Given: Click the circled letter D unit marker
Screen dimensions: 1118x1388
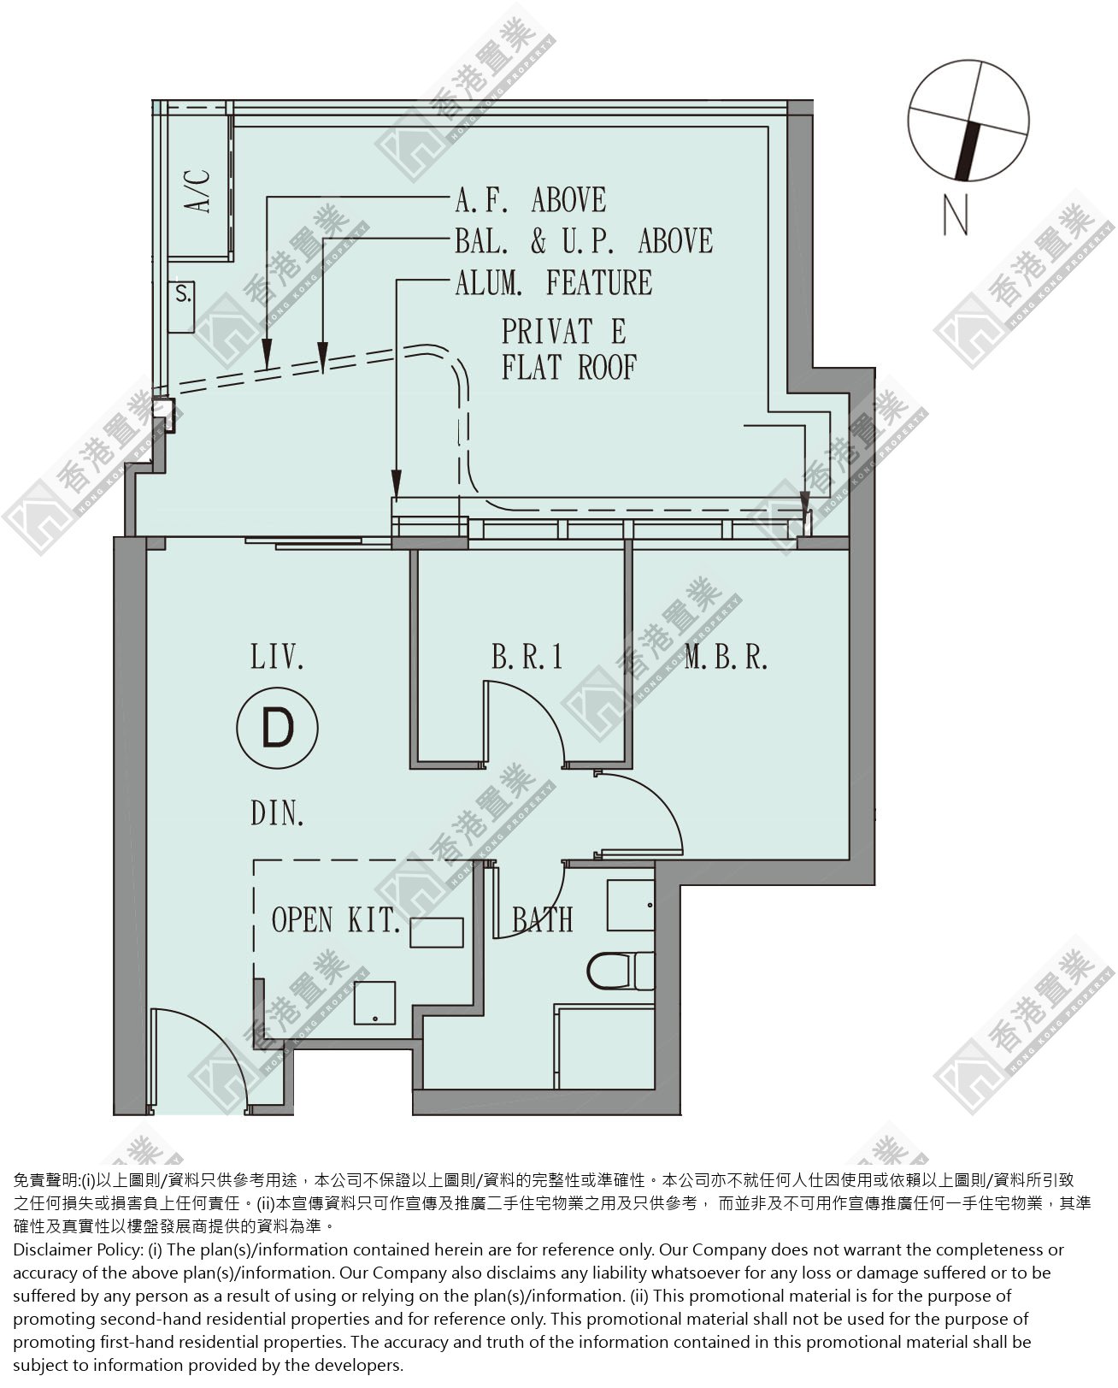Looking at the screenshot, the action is click(277, 728).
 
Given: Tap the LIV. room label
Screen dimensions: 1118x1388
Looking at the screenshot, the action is click(277, 658).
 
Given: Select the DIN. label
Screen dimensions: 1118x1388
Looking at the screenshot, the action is click(277, 814).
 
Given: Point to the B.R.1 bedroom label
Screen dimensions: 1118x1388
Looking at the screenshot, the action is click(527, 658).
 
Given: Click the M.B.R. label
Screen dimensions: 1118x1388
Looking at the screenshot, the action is click(726, 658).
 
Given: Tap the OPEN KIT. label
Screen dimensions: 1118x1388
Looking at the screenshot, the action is click(334, 919).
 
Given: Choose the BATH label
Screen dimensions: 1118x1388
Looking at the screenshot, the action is click(543, 919).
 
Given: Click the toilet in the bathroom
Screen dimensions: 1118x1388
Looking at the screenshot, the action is click(621, 972).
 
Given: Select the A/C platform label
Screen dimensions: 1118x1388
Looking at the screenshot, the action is click(198, 192).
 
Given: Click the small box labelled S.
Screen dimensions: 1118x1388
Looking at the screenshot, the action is click(181, 307).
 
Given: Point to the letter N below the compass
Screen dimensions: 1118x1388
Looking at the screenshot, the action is click(956, 216).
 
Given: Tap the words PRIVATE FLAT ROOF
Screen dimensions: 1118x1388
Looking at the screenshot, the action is click(568, 350).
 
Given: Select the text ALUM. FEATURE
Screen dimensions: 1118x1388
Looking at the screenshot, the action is click(554, 282).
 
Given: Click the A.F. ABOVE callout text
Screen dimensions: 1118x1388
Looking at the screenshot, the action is click(531, 200).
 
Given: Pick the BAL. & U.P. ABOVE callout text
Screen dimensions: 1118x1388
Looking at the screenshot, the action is click(584, 241).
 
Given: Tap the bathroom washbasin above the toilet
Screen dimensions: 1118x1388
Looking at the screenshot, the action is click(631, 905).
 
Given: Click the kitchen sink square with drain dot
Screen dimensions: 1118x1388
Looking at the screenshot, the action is click(374, 1003).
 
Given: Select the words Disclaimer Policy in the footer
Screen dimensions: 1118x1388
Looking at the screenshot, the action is click(78, 1250).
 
